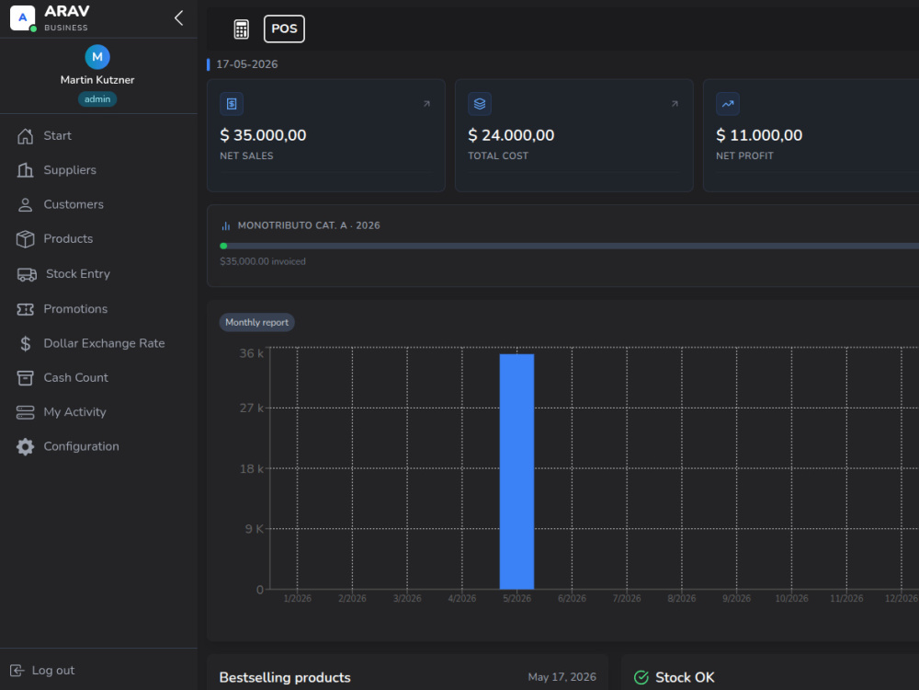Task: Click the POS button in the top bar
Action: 284,29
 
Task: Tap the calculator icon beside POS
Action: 241,29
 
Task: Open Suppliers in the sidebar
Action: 70,170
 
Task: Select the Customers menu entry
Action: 74,204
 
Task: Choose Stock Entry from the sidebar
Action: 78,274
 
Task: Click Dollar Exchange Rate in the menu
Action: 104,343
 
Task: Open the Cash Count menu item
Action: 75,378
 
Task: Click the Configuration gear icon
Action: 25,446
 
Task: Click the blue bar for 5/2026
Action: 516,471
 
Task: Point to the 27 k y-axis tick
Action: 252,408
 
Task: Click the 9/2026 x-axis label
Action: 736,599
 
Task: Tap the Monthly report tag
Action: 256,322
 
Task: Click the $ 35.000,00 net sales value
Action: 263,135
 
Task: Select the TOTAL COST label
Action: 497,156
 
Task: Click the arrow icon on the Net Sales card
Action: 426,104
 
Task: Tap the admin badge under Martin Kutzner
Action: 97,99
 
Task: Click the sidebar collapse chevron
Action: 179,18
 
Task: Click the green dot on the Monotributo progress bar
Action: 223,246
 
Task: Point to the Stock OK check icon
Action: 641,678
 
